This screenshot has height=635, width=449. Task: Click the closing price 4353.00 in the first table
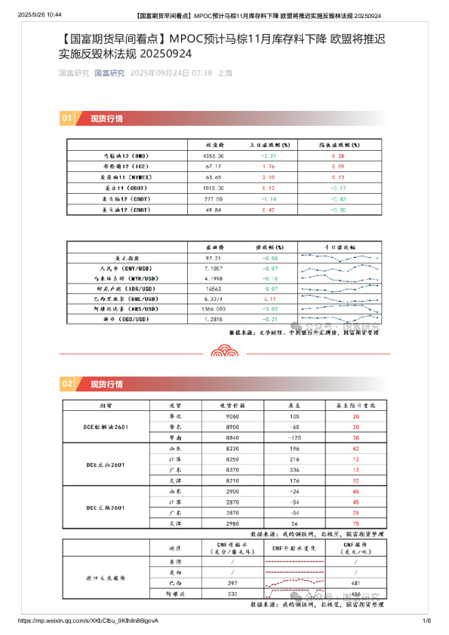(x=214, y=155)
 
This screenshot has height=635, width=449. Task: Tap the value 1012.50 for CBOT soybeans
(x=214, y=186)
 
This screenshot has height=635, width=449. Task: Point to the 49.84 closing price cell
(x=214, y=209)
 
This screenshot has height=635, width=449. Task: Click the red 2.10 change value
(x=268, y=176)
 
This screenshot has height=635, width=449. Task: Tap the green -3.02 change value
(x=270, y=309)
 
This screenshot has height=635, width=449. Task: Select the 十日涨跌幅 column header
(x=342, y=247)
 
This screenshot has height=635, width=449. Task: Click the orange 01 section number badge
(x=66, y=118)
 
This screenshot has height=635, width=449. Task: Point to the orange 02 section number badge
(x=66, y=384)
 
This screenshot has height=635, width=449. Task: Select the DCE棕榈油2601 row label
(x=106, y=427)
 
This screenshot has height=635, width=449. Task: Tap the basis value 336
(x=294, y=469)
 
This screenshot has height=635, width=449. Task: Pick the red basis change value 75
(x=354, y=523)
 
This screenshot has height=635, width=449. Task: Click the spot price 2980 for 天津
(x=233, y=523)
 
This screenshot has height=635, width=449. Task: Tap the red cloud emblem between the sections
(x=224, y=351)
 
